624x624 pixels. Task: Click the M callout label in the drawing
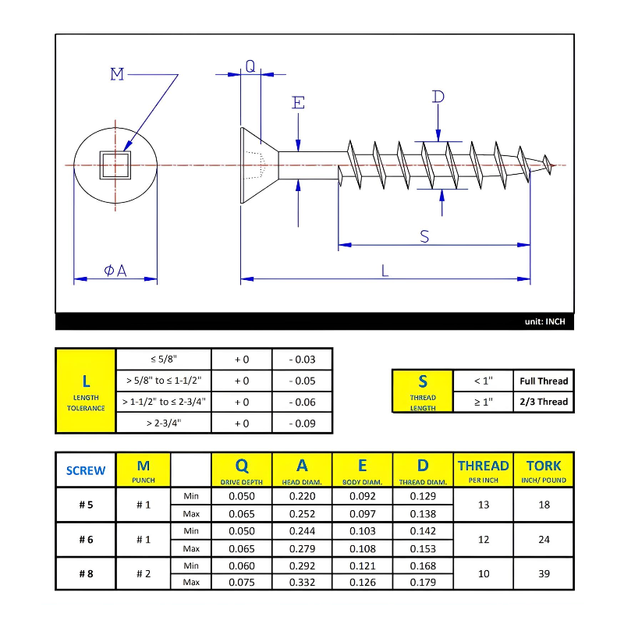click(117, 74)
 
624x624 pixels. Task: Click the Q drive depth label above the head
click(250, 66)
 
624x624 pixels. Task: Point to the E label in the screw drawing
click(298, 103)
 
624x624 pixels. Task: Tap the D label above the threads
click(438, 97)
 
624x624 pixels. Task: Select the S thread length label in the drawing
click(424, 236)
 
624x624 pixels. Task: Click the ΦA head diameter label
click(115, 270)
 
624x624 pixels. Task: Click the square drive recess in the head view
click(115, 165)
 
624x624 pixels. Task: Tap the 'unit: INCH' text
click(544, 321)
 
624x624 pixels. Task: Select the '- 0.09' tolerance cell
click(302, 423)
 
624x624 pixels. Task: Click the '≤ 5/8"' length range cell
click(164, 359)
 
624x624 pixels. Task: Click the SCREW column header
click(86, 470)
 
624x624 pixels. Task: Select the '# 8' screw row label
click(86, 573)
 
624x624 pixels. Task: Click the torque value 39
click(544, 573)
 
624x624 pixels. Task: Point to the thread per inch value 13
click(484, 505)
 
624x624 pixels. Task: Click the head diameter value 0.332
click(302, 582)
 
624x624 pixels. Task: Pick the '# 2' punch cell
click(144, 573)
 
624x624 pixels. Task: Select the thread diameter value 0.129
click(423, 496)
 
